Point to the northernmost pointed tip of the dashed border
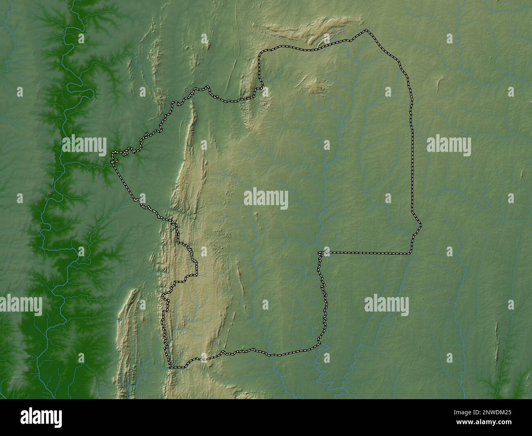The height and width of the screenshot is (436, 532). click(x=367, y=30)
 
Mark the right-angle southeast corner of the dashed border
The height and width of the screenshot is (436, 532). click(x=410, y=253)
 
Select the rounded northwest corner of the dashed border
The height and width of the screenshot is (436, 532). click(x=261, y=52)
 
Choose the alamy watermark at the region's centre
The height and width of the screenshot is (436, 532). click(x=266, y=200)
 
